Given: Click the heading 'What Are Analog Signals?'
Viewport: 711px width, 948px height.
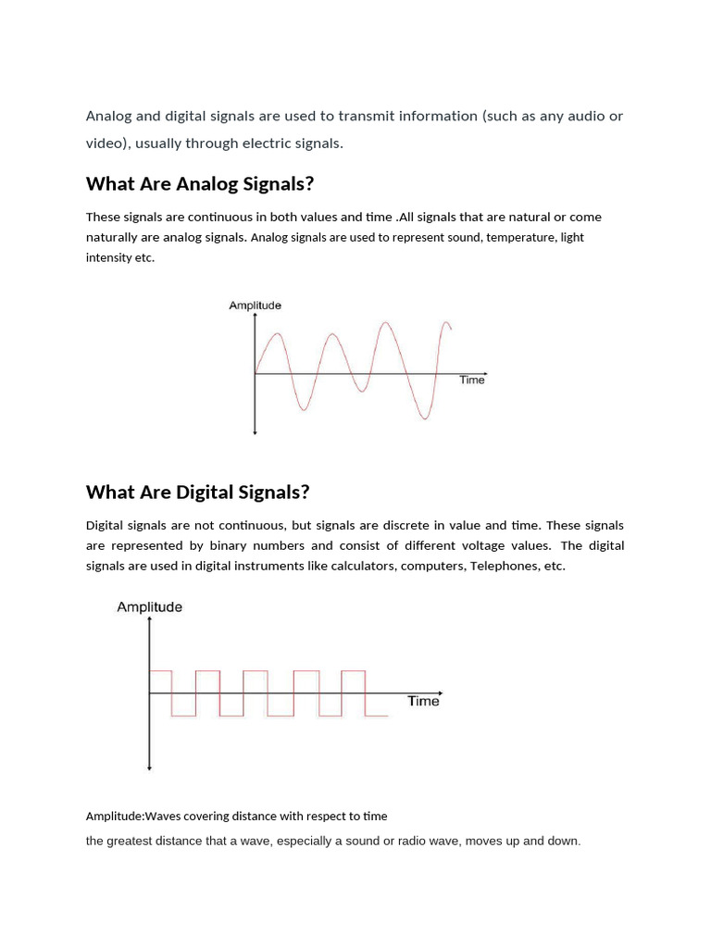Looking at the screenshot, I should [x=200, y=183].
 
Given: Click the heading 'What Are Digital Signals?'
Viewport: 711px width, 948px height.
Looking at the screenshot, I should [x=197, y=492].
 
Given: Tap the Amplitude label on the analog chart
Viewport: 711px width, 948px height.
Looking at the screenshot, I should [x=255, y=306].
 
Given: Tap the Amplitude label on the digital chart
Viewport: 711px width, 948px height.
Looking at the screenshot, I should [x=149, y=607].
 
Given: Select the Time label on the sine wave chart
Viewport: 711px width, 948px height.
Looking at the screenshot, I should [x=471, y=380].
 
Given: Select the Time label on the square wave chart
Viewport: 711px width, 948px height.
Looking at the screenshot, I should [x=423, y=701].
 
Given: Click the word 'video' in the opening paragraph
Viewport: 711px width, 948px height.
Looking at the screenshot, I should [x=105, y=143].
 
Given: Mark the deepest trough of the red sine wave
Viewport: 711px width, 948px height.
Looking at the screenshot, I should [x=425, y=418].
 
